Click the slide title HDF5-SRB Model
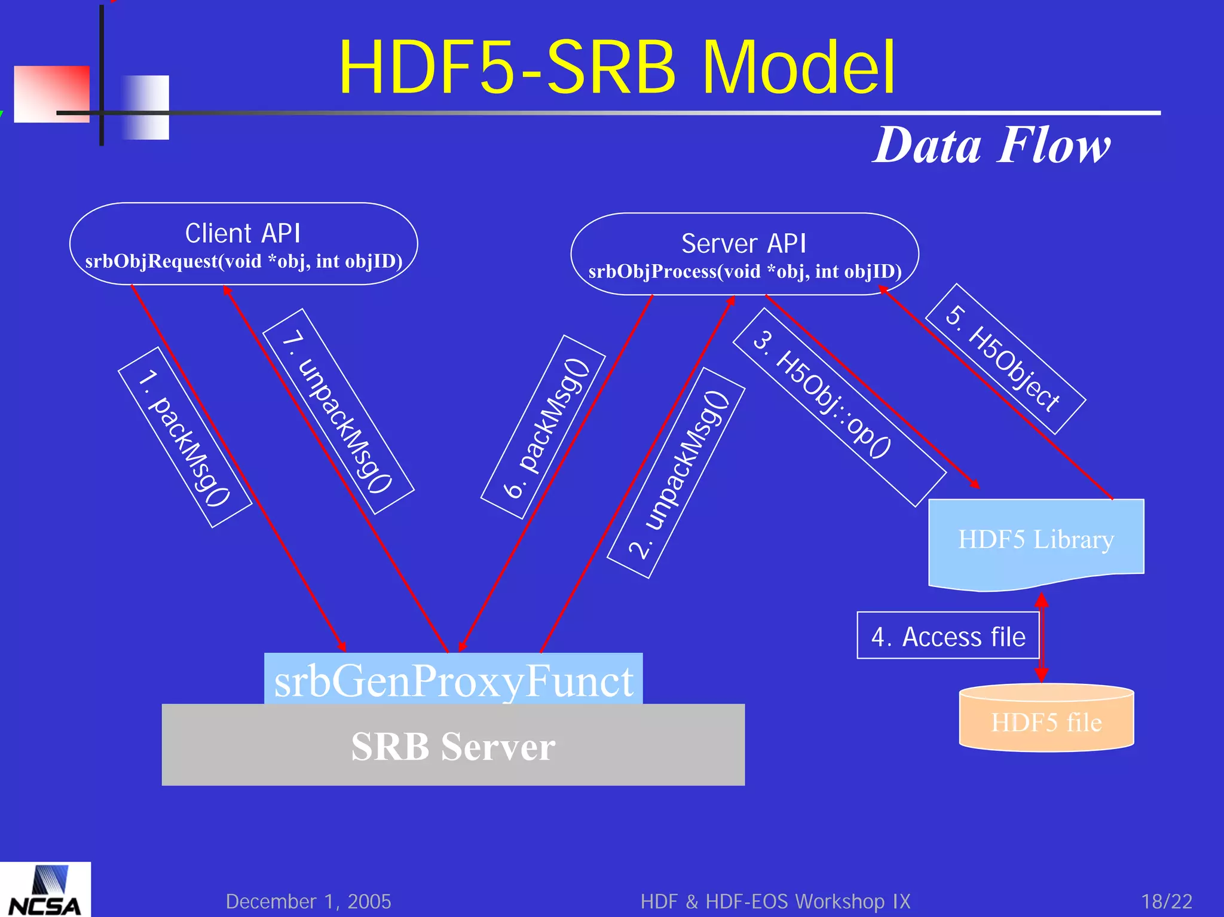617,67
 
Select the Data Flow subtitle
992,145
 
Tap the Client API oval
243,244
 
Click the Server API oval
744,254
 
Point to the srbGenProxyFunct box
453,680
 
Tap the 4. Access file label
948,636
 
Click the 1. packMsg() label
185,438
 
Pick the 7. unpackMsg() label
338,411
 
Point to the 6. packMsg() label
543,427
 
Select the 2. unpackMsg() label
676,473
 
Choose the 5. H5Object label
1005,359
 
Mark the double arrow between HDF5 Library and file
1042,637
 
